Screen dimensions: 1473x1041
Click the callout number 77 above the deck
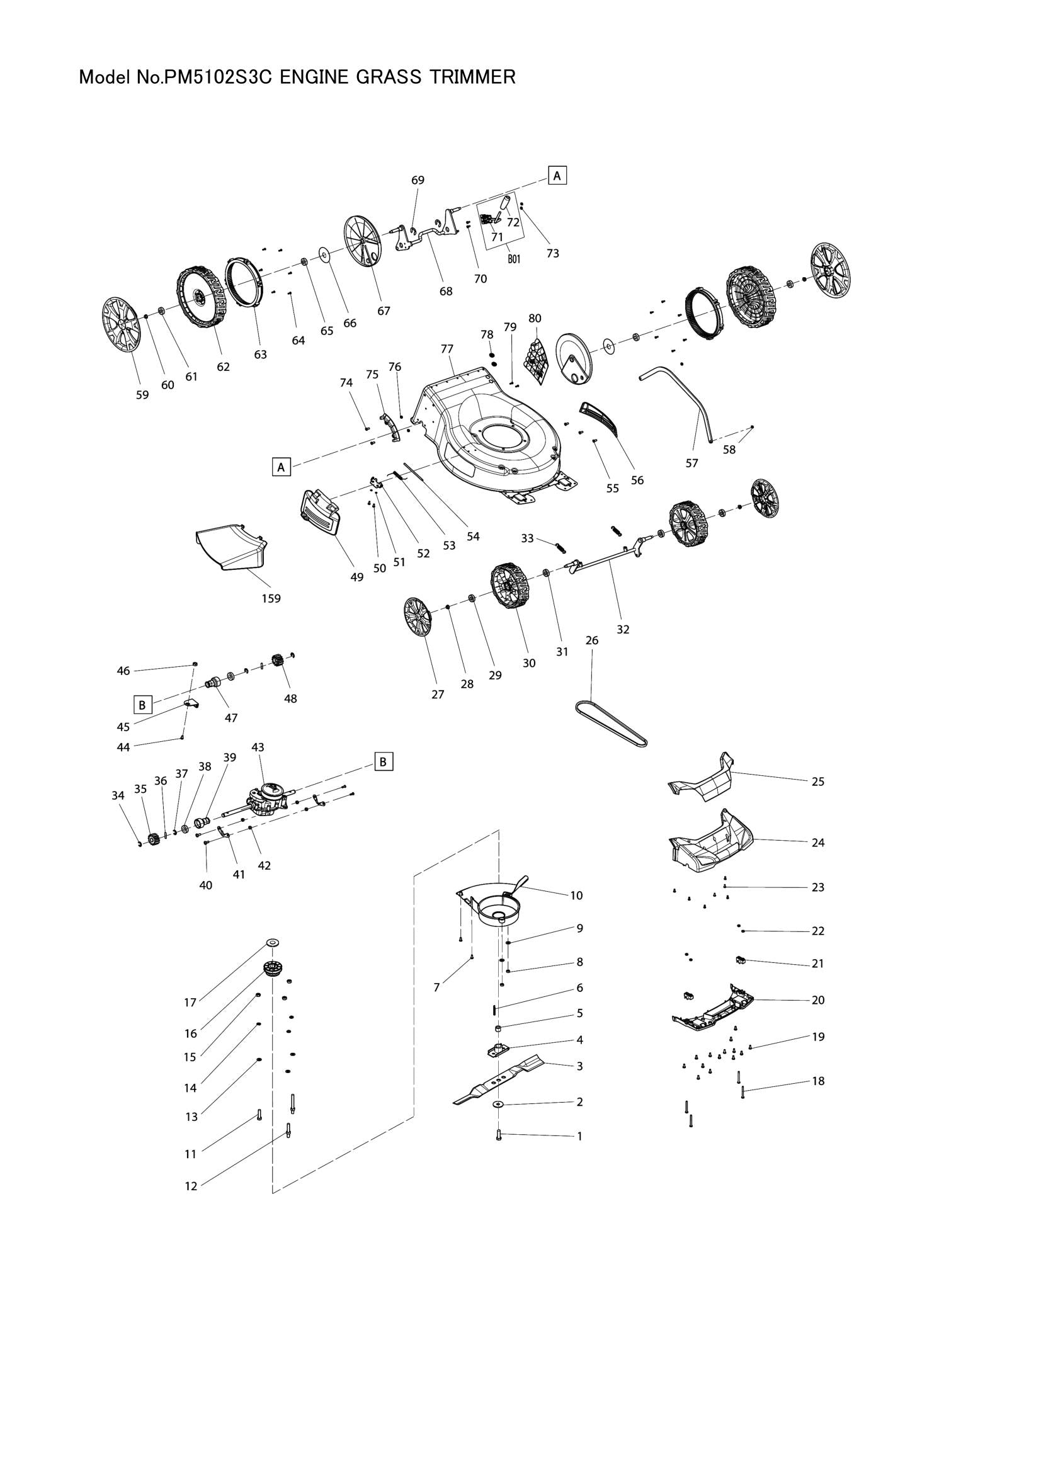[447, 349]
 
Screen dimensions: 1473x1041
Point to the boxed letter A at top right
[557, 175]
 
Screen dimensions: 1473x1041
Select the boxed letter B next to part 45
[142, 705]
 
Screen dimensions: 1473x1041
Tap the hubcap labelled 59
[120, 324]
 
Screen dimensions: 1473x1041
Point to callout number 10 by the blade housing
[576, 896]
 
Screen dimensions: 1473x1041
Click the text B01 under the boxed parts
[513, 260]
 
